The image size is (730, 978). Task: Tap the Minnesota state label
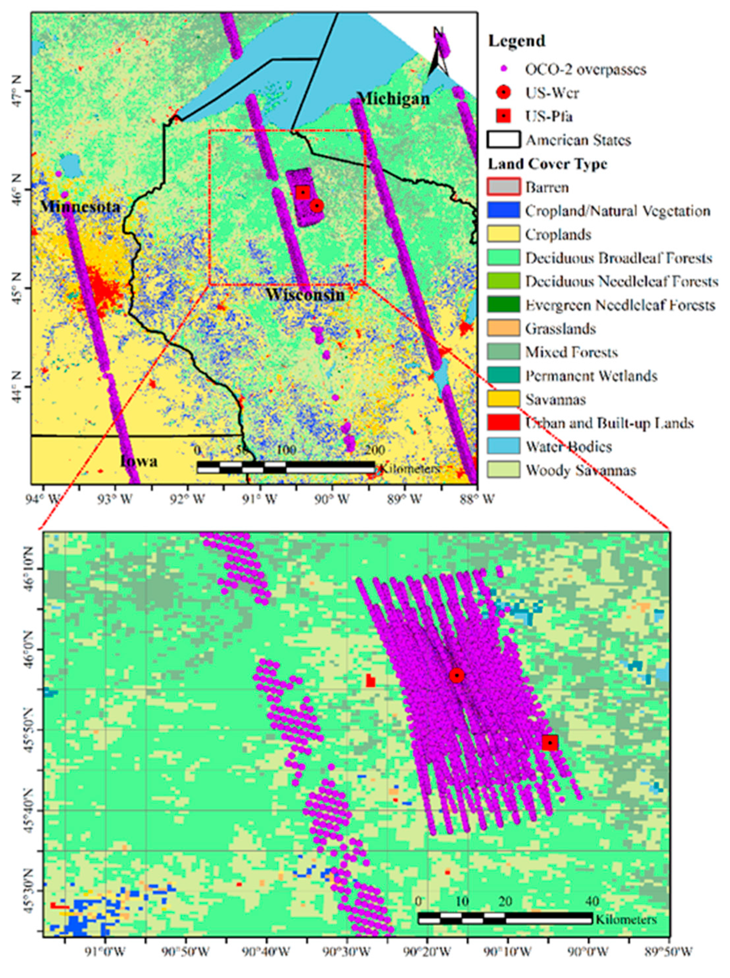80,206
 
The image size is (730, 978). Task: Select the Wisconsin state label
305,294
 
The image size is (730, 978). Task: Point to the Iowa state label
139,461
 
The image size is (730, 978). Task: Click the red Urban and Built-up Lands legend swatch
503,423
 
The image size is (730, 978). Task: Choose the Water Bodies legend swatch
503,446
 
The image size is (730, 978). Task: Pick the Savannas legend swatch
503,399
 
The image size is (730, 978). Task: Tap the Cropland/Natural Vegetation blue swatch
503,210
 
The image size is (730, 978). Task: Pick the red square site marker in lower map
550,743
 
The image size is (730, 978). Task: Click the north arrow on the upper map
438,53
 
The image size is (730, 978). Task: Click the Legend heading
516,41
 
